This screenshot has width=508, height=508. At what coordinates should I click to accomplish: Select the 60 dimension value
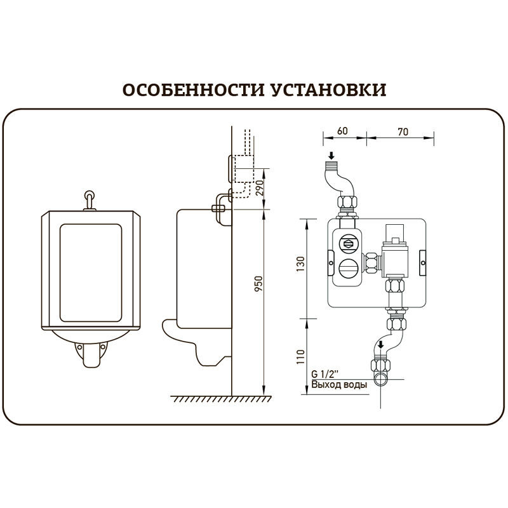tap(342, 131)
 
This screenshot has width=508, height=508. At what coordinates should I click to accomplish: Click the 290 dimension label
tap(258, 189)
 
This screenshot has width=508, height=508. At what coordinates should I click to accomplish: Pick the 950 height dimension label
tap(258, 284)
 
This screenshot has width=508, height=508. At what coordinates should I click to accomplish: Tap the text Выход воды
tap(339, 384)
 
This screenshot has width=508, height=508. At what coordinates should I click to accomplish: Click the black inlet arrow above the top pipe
tap(331, 156)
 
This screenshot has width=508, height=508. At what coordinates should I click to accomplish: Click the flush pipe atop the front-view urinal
tap(88, 199)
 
